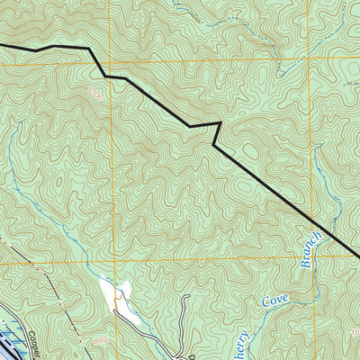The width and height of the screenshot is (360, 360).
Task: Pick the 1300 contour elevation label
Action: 95,91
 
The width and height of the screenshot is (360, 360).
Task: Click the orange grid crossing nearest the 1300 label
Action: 112,62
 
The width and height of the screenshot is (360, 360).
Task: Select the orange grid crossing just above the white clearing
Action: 113,263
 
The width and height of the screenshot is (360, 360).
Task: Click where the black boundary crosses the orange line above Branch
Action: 311,220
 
